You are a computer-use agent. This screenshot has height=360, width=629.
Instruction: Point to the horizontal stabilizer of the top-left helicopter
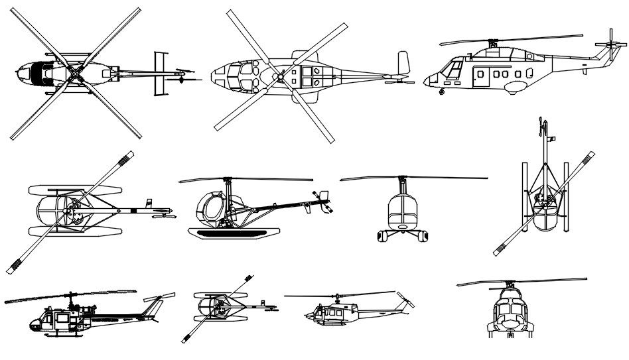pos(159,72)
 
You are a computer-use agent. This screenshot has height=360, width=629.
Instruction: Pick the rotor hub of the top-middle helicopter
pos(281,77)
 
